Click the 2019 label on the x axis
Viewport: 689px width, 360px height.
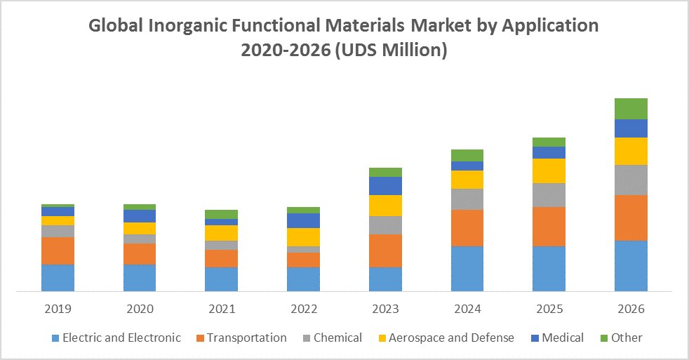[x=58, y=309]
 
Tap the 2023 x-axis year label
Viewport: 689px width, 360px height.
[x=385, y=309]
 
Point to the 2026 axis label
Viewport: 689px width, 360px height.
[x=631, y=309]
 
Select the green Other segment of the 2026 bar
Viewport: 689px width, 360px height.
[x=631, y=109]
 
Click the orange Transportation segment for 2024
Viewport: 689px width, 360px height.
[x=467, y=228]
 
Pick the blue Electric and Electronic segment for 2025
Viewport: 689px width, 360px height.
[x=549, y=268]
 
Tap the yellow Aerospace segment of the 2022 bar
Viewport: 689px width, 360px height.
[x=303, y=237]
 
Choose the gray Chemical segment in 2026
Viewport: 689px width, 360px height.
[x=631, y=180]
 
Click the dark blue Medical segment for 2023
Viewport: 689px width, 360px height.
[x=385, y=185]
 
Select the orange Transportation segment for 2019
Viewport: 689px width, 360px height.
[x=58, y=251]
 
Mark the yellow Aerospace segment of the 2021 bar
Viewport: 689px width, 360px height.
[x=221, y=233]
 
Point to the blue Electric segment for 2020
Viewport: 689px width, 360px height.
[x=140, y=277]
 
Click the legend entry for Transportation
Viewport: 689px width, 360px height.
[x=246, y=338]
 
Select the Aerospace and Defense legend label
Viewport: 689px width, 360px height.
[x=451, y=338]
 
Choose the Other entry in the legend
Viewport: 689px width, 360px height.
[x=626, y=338]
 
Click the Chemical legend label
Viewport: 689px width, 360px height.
[x=337, y=338]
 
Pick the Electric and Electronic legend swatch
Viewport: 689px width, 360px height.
[x=55, y=338]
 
